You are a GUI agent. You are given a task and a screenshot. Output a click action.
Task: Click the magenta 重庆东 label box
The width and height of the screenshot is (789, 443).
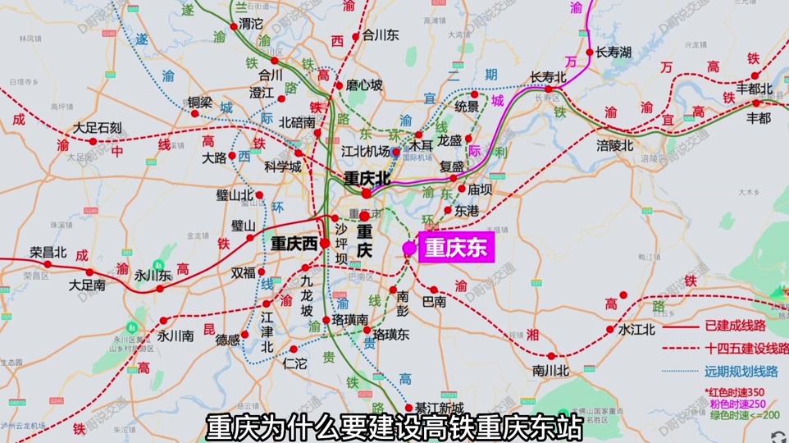pyautogui.click(x=456, y=249)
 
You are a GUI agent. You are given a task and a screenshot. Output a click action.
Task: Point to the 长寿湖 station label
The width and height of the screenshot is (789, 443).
pyautogui.click(x=613, y=53)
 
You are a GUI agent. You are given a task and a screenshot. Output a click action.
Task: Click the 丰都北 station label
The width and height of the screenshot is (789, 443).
pyautogui.click(x=755, y=89)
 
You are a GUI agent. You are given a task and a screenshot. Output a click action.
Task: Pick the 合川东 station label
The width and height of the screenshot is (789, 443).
pyautogui.click(x=381, y=35)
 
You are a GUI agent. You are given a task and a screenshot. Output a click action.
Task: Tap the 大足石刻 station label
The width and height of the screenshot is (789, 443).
pyautogui.click(x=97, y=128)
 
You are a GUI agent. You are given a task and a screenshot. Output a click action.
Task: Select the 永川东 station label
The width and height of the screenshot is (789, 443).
pyautogui.click(x=153, y=276)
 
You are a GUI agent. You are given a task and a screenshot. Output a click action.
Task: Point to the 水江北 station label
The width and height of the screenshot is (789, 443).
pyautogui.click(x=636, y=330)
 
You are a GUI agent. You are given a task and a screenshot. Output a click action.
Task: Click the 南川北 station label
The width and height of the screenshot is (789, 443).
pyautogui.click(x=550, y=370)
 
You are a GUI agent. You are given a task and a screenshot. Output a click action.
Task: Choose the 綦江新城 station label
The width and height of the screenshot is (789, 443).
pyautogui.click(x=439, y=409)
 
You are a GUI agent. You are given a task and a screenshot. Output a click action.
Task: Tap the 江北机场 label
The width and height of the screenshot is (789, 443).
pyautogui.click(x=366, y=151)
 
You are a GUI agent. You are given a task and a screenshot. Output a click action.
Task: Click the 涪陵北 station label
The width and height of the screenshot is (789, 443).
pyautogui.click(x=615, y=145)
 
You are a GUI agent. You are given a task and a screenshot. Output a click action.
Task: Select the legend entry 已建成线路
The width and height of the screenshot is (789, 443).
pyautogui.click(x=746, y=326)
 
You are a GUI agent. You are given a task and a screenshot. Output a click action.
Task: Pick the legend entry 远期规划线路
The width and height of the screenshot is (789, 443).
pyautogui.click(x=746, y=368)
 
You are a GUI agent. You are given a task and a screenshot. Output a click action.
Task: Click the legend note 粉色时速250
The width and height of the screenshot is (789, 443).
pyautogui.click(x=738, y=403)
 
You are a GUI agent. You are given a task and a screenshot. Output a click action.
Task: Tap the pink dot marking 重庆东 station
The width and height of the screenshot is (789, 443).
pyautogui.click(x=409, y=248)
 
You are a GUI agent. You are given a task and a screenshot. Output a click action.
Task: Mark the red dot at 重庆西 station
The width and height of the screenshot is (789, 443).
pyautogui.click(x=325, y=243)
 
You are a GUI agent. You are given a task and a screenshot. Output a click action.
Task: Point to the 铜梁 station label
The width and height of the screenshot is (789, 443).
pyautogui.click(x=199, y=103)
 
